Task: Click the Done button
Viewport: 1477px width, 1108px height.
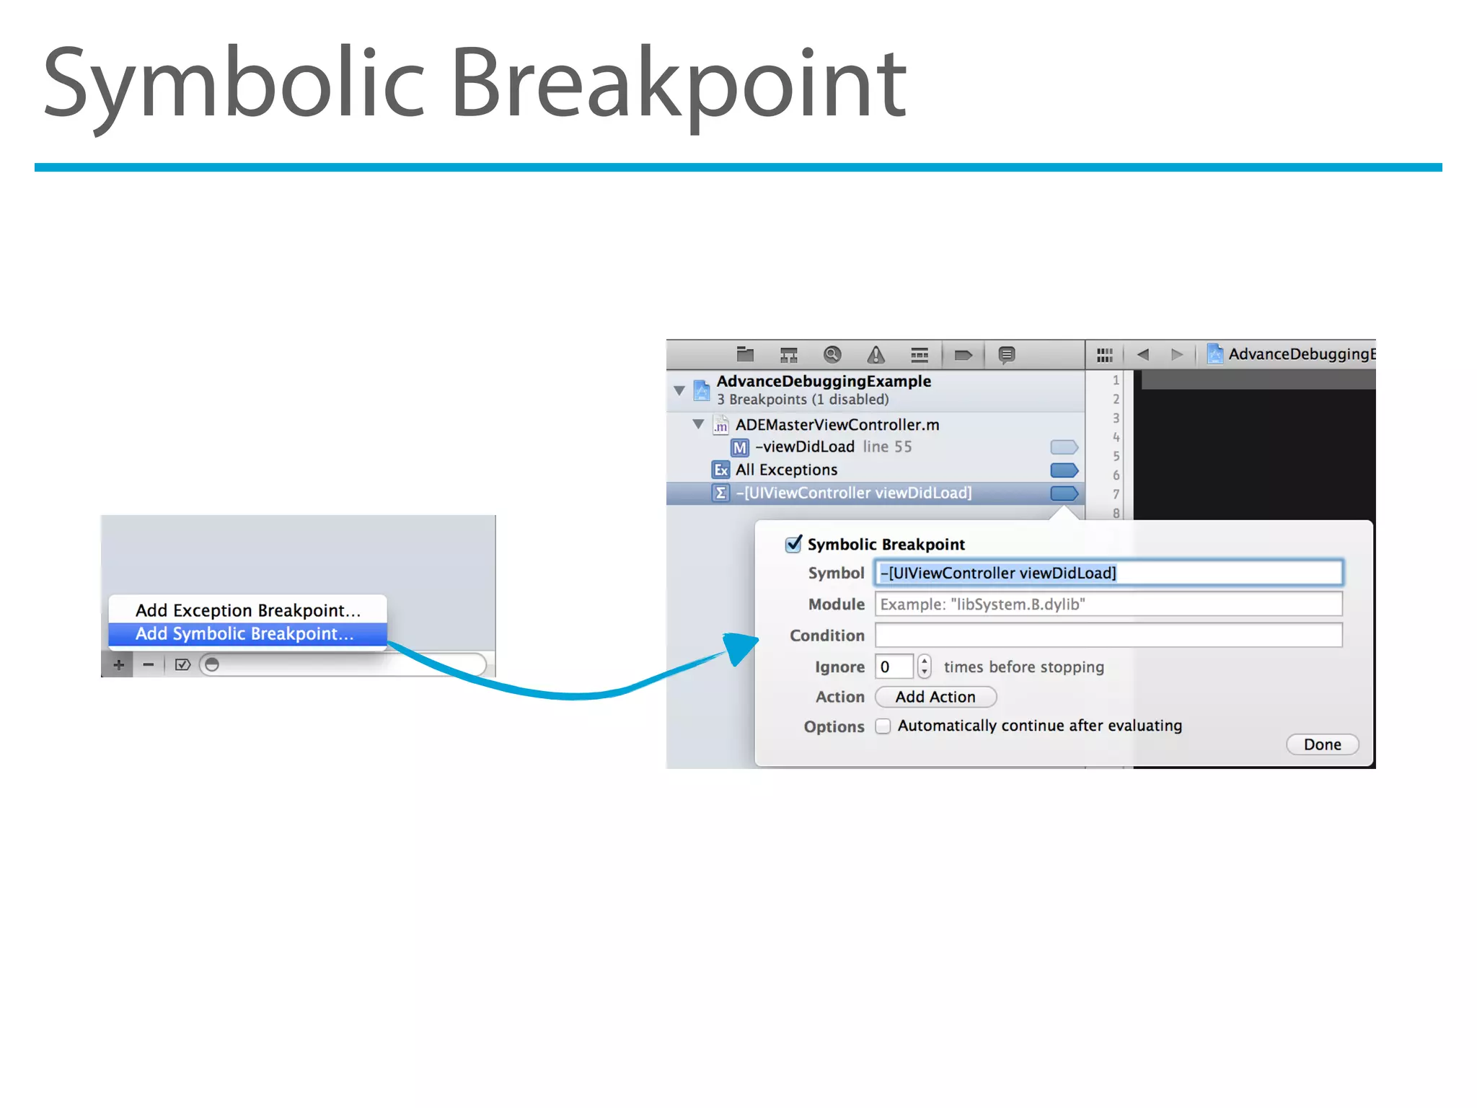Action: tap(1322, 744)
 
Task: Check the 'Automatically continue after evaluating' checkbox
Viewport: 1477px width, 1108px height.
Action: tap(883, 726)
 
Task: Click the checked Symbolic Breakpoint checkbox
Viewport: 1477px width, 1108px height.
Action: tap(793, 544)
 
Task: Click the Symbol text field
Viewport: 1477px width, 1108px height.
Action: tap(1108, 573)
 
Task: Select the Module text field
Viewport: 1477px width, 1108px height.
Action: tap(1108, 604)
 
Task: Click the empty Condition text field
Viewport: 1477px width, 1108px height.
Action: tap(1108, 636)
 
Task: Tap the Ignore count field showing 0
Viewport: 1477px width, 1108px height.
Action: tap(894, 667)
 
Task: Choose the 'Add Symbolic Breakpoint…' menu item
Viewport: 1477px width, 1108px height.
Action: tap(245, 634)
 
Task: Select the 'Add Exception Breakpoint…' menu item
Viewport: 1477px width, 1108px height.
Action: tap(248, 610)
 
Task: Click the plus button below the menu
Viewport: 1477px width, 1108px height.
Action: tap(118, 664)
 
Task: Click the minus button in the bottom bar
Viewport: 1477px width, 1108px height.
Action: tap(149, 664)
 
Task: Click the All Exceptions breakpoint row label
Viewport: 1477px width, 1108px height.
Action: tap(786, 470)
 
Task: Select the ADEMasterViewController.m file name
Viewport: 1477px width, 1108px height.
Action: tap(837, 425)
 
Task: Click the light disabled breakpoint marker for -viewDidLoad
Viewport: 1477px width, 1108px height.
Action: tap(1064, 447)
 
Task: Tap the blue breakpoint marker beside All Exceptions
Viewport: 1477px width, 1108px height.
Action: tap(1064, 470)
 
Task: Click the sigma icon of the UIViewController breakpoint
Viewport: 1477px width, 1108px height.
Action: tap(720, 493)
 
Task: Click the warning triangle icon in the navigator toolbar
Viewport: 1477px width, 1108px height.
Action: tap(876, 355)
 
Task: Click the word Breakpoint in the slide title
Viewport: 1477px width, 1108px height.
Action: tap(678, 83)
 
